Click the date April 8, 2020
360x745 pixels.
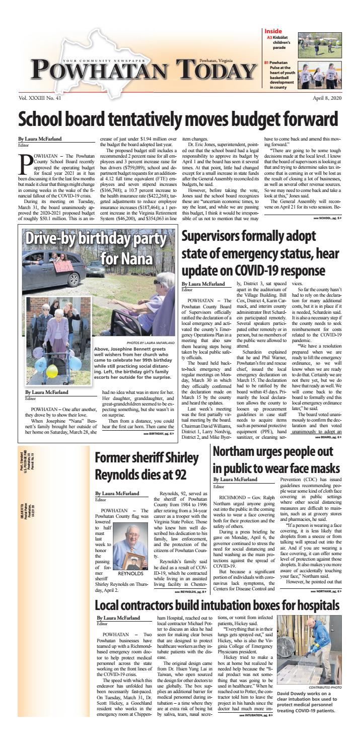[327, 99]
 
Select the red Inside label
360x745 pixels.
[273, 31]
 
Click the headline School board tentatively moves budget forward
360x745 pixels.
[178, 120]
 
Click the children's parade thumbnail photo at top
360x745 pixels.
[319, 45]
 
